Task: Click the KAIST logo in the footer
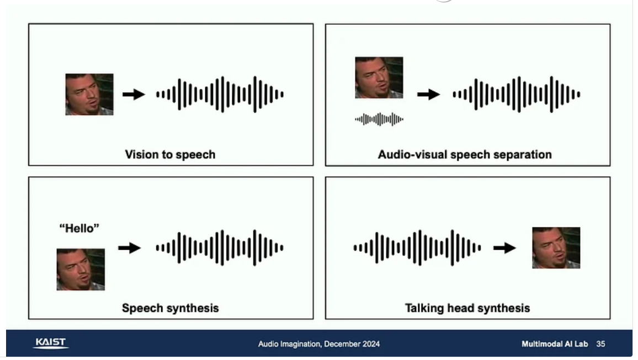coord(50,343)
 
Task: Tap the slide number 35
coord(600,344)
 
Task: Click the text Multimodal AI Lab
coord(555,344)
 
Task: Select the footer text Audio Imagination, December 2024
coord(319,344)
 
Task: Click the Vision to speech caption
coord(170,155)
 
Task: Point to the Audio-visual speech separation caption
coord(465,155)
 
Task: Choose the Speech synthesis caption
coord(170,308)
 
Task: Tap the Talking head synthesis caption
coord(467,308)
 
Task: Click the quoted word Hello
coord(79,228)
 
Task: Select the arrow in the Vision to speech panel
coord(134,94)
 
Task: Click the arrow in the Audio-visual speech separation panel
coord(428,94)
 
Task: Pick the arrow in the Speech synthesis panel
coord(129,247)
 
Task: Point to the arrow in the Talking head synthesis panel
coord(504,247)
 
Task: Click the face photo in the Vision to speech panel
coord(89,94)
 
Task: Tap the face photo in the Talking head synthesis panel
coord(556,247)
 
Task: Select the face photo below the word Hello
coord(81,269)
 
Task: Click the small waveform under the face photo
coord(379,119)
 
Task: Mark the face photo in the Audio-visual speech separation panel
coord(379,77)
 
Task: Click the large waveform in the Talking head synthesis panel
coord(417,247)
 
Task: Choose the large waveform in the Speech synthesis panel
coord(220,247)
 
